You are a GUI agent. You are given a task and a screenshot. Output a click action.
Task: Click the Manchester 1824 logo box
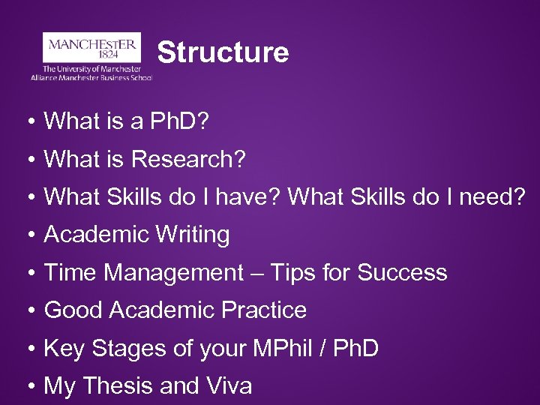[91, 46]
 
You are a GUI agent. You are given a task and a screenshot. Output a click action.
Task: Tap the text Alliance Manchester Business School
[91, 77]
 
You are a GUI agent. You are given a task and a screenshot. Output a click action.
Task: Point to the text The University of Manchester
[92, 68]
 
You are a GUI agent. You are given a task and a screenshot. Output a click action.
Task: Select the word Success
[402, 273]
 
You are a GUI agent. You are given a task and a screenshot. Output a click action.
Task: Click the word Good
[73, 310]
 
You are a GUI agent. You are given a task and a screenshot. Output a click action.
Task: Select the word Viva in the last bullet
[228, 386]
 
